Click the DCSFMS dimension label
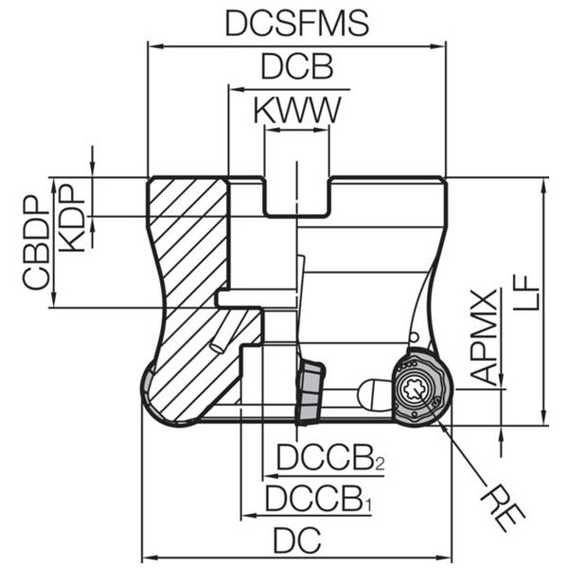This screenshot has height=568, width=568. click(297, 24)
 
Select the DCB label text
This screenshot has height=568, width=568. click(297, 66)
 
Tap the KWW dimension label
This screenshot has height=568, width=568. click(297, 110)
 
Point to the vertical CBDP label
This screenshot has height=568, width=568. click(36, 242)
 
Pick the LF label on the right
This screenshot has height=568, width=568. click(526, 293)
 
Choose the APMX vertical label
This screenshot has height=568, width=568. click(486, 337)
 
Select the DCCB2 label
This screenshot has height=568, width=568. click(330, 457)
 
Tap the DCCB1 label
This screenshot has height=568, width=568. click(319, 499)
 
